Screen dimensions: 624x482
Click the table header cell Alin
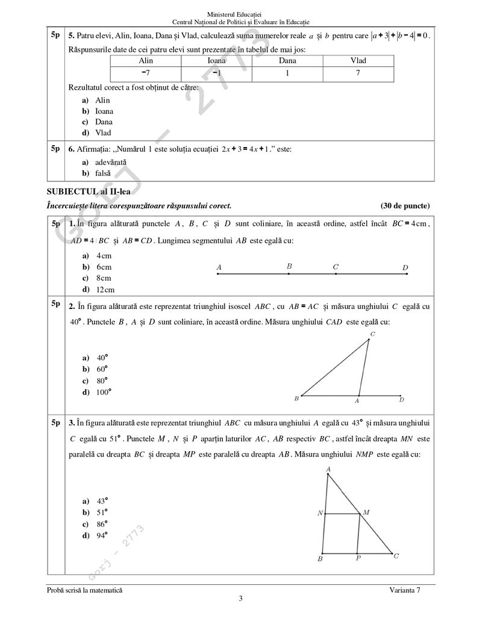click(146, 61)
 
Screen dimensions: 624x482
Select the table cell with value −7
click(146, 72)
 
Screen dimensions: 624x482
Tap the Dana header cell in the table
click(287, 61)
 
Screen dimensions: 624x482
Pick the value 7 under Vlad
click(358, 72)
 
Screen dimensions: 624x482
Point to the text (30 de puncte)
click(405, 205)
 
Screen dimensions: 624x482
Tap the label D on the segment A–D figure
click(405, 268)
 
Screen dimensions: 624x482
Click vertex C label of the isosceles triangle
click(372, 334)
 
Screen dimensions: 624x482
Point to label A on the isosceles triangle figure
click(357, 401)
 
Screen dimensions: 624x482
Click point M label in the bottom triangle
click(366, 512)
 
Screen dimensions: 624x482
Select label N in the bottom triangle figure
click(320, 513)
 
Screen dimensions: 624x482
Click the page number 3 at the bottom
click(240, 598)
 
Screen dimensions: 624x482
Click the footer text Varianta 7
click(405, 590)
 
